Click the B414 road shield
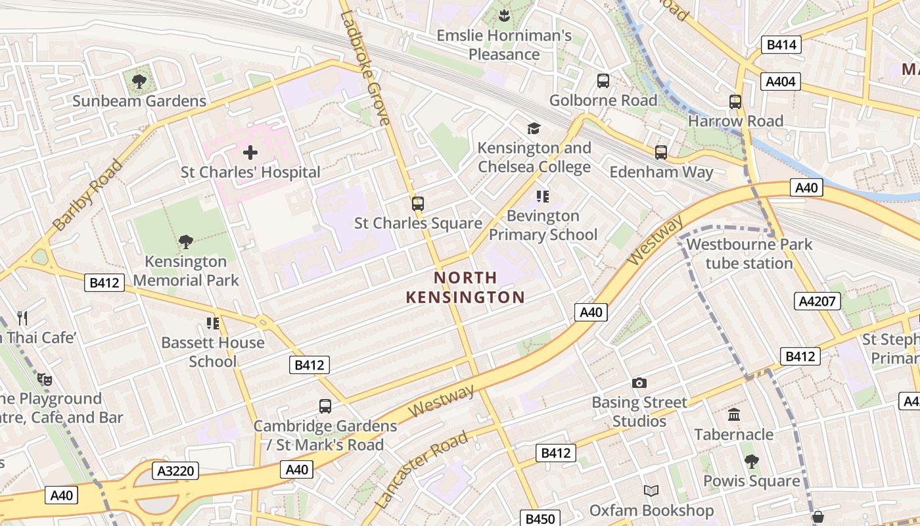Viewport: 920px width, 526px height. (781, 45)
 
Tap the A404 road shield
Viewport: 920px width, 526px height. (781, 82)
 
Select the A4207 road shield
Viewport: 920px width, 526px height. (817, 301)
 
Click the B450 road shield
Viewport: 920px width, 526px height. (540, 519)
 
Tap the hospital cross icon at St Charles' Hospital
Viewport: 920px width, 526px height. (250, 153)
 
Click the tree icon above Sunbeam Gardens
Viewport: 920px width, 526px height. (139, 82)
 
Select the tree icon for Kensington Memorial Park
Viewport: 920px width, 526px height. (186, 242)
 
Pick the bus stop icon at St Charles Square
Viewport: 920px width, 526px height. (418, 204)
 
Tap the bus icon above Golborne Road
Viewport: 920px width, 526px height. (603, 81)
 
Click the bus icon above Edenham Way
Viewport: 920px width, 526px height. (660, 153)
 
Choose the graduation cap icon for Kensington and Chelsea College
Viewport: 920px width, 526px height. (534, 128)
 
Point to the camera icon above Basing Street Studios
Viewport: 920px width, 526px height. (639, 383)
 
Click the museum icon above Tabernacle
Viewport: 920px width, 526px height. (733, 415)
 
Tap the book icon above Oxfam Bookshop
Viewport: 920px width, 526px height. (651, 491)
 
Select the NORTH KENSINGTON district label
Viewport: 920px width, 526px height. (465, 288)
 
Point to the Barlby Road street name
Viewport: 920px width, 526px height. (87, 195)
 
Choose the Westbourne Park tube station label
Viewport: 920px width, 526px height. (749, 254)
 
